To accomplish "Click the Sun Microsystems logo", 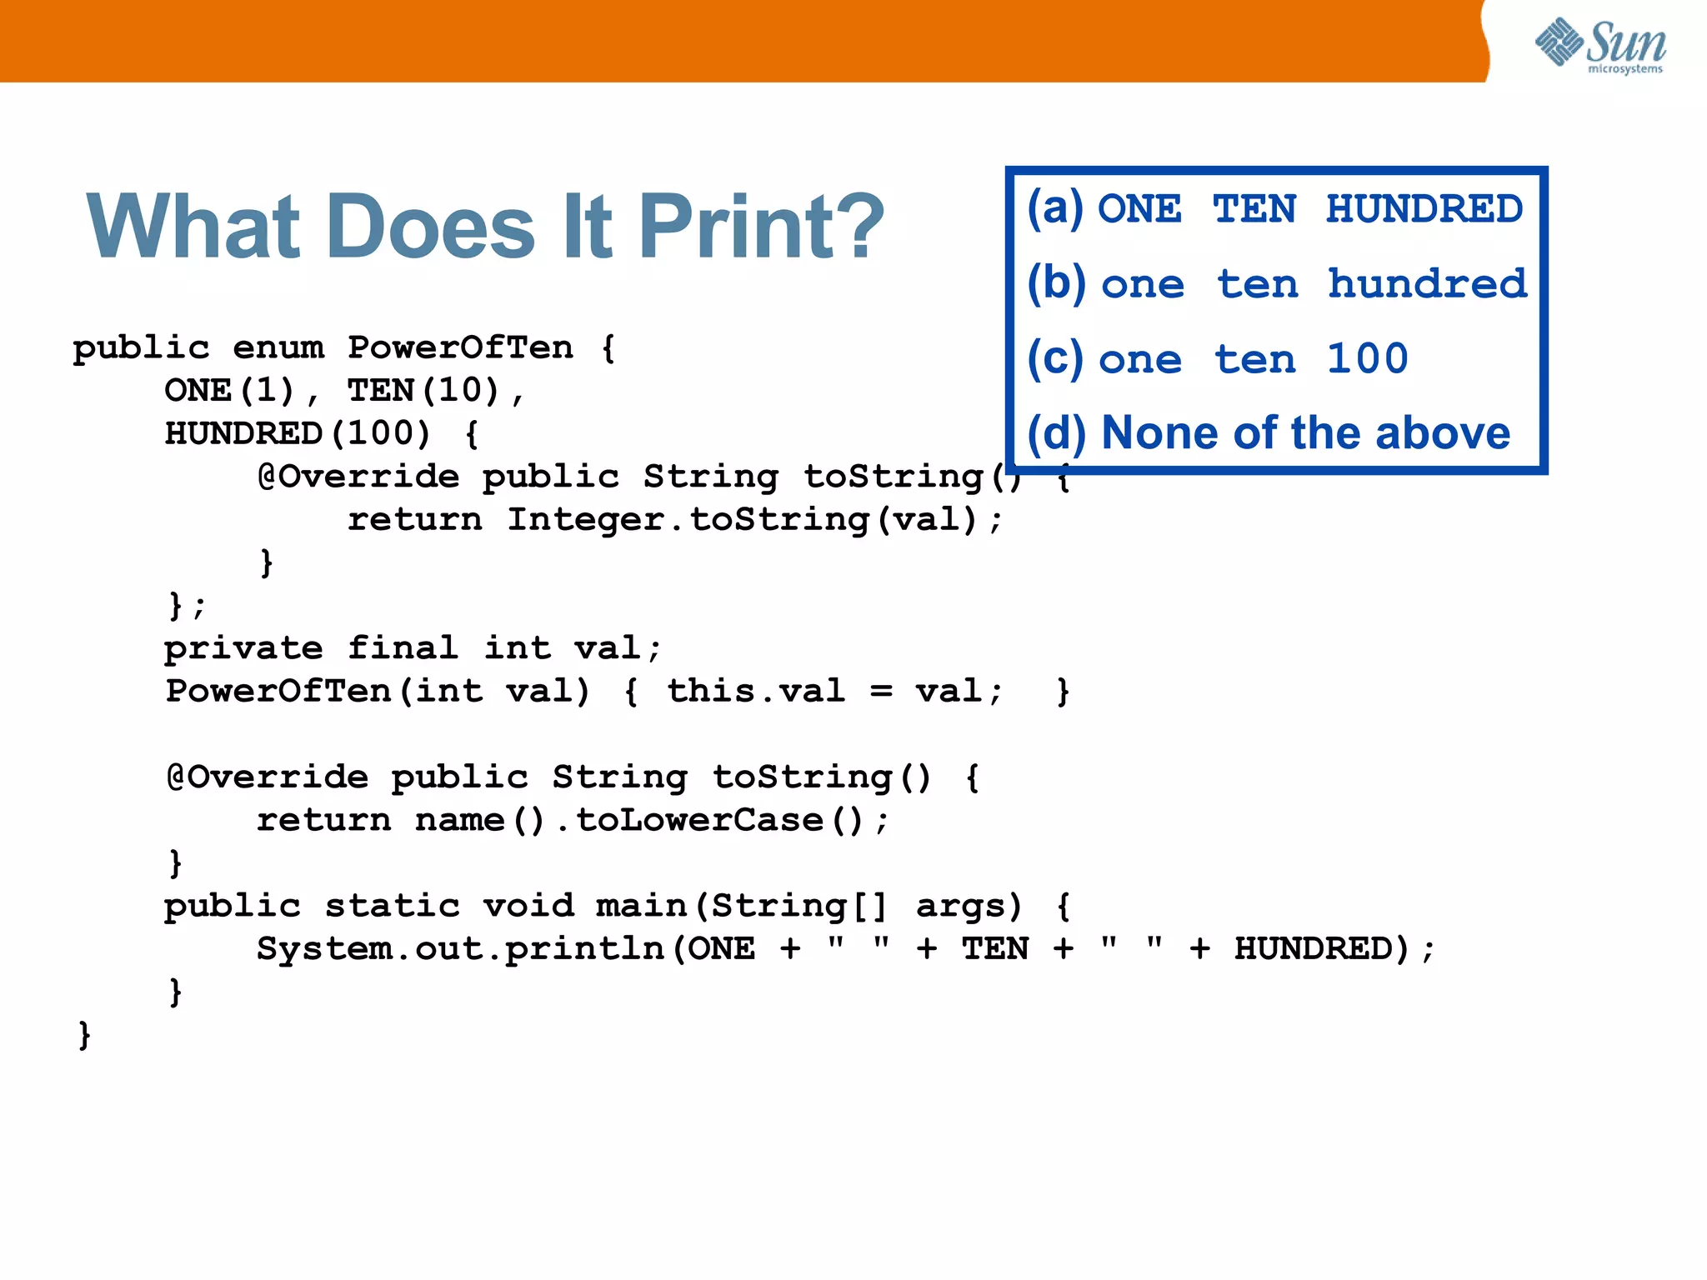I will click(1599, 45).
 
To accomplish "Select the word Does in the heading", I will click(431, 227).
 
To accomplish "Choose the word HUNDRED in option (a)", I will click(1424, 208).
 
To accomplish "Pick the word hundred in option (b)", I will click(1427, 283).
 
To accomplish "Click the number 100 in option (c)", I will click(1367, 358).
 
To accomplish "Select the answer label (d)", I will click(1056, 433).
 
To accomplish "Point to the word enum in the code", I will click(278, 347).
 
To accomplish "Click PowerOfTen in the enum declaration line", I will click(460, 347).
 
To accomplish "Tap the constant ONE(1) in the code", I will click(230, 391).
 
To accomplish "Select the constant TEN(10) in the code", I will click(423, 391).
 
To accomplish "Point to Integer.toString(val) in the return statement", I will click(742, 520).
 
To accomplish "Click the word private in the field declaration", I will click(243, 648).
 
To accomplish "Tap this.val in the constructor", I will click(755, 691).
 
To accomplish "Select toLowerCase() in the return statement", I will click(720, 821).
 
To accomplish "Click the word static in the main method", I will click(392, 906).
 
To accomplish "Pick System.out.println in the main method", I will click(460, 949).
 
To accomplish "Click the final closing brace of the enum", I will click(84, 1035).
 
